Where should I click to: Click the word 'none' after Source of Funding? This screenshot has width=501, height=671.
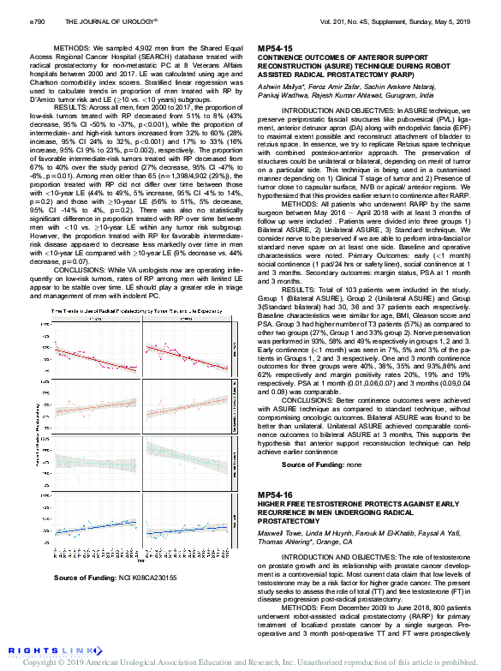click(353, 464)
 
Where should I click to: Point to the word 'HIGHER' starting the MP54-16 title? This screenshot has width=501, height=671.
click(273, 504)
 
